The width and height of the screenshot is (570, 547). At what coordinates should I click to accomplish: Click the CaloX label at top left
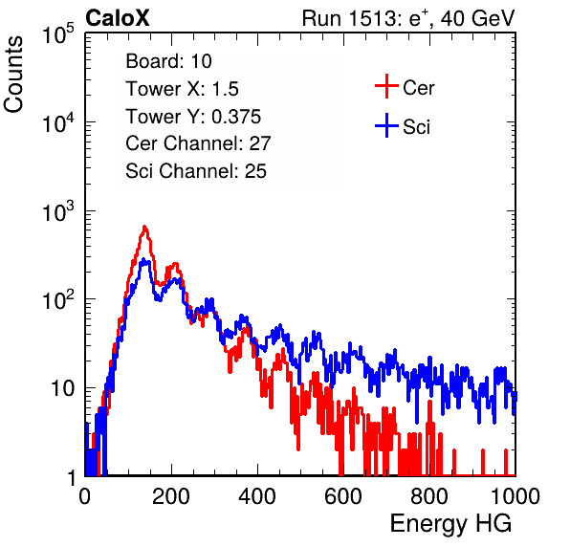[118, 18]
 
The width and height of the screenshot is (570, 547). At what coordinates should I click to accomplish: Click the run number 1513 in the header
[373, 18]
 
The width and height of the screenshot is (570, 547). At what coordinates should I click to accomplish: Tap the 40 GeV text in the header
[477, 18]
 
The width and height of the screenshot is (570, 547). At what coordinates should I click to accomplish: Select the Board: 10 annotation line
[168, 61]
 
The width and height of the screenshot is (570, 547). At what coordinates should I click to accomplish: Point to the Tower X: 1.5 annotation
[182, 89]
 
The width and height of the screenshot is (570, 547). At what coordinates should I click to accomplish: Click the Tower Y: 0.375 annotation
[193, 117]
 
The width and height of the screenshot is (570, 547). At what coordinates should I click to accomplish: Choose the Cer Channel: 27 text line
[198, 143]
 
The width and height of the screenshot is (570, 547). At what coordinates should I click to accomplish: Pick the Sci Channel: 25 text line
[196, 171]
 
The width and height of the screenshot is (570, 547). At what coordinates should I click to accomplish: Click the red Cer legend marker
[386, 86]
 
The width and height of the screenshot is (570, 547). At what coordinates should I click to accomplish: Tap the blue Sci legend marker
[386, 126]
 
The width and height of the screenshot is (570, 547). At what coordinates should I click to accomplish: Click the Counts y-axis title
[13, 75]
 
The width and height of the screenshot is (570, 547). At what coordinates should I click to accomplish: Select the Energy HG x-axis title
[450, 524]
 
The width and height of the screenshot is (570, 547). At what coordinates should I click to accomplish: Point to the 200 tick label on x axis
[171, 496]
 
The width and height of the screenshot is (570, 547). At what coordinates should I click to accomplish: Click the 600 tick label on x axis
[343, 496]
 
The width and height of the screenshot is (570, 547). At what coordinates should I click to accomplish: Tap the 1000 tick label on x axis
[515, 496]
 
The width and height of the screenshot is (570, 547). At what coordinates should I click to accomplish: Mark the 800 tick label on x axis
[429, 496]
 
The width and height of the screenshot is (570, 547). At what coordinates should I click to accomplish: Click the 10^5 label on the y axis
[58, 34]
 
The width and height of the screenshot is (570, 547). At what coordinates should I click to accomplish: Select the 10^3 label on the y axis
[58, 212]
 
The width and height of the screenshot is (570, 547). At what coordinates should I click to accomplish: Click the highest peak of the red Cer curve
[144, 228]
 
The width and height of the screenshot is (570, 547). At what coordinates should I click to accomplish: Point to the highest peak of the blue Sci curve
[143, 259]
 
